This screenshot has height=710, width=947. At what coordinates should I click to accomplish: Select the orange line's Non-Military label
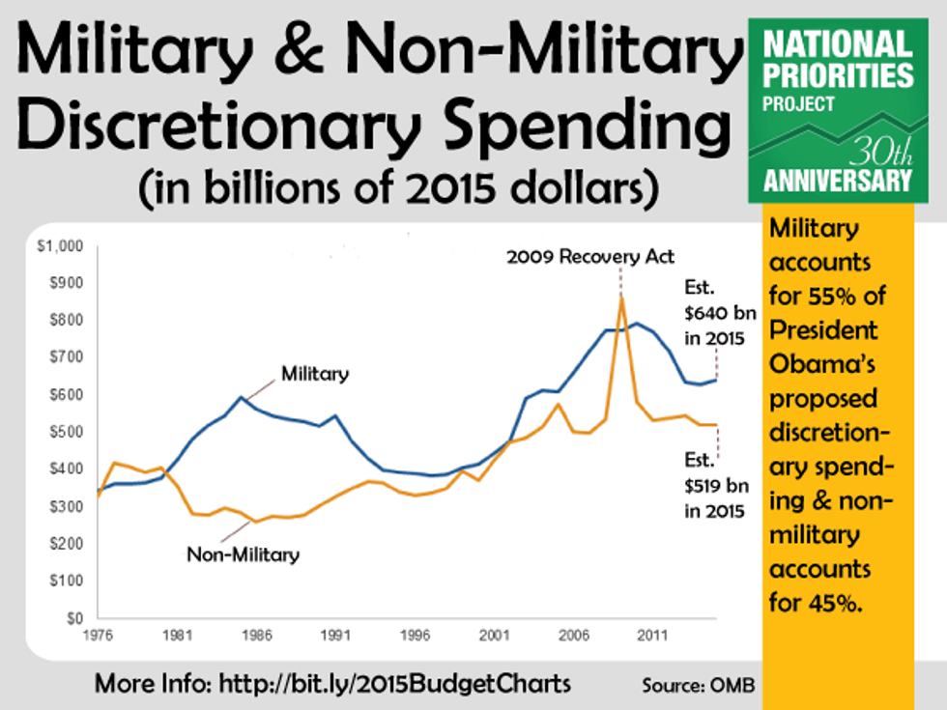243,554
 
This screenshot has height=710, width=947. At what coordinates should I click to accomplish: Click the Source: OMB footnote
698,685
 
